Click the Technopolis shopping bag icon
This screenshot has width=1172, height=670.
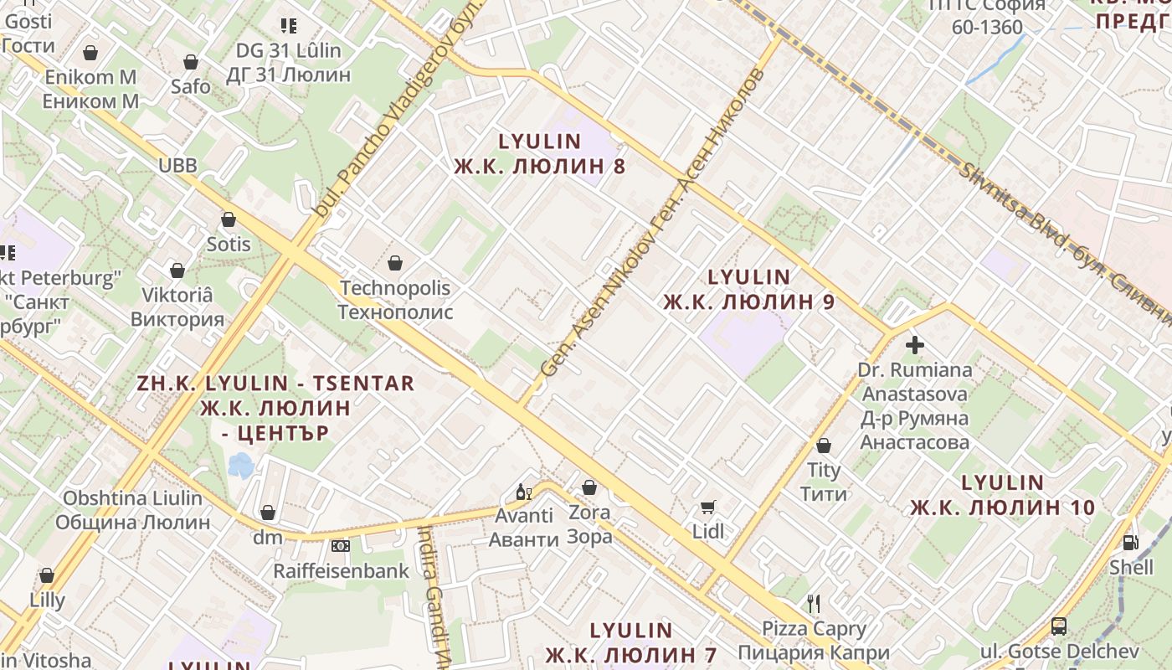pos(395,263)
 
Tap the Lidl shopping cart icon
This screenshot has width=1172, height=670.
pos(708,507)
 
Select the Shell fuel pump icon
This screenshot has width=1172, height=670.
pos(1131,543)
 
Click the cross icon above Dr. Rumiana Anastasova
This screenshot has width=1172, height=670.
pos(915,344)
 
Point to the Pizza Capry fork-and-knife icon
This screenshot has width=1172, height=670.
pos(813,603)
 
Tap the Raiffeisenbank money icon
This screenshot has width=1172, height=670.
pos(341,546)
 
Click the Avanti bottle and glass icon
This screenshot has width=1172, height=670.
pos(524,492)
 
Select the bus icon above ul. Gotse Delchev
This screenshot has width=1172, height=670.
pos(1059,626)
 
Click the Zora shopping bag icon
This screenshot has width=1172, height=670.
pos(589,487)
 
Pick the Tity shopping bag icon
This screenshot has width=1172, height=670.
pos(824,446)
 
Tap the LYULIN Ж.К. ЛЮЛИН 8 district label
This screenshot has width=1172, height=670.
pos(540,153)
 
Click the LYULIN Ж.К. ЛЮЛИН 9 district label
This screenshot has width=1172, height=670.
pos(749,289)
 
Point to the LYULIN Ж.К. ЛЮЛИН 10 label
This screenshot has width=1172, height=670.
pos(1003,495)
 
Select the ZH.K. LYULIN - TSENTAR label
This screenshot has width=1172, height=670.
pos(275,408)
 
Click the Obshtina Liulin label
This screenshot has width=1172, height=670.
pos(133,510)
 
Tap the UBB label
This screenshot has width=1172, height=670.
pos(178,165)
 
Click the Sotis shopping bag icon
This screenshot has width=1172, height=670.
pos(229,219)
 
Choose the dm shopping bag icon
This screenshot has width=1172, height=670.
pos(268,512)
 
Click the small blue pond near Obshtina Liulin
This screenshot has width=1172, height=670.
pos(241,465)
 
